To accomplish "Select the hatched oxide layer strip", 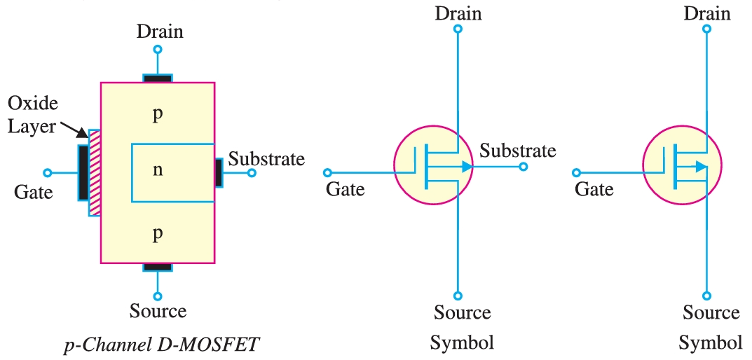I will tap(94, 172).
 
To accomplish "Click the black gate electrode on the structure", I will tap(83, 172).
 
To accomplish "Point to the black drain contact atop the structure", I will tap(158, 78).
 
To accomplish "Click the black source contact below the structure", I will tap(158, 267).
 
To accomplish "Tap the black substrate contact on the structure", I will tap(219, 172).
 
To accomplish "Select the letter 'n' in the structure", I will tap(158, 169).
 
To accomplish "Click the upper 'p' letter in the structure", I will tap(158, 114).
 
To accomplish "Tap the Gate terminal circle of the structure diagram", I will tap(48, 172).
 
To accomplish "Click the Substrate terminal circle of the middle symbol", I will tap(524, 167).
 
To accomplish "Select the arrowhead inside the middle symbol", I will tap(466, 167).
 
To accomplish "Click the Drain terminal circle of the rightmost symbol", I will tap(706, 29).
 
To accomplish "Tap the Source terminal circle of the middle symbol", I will tap(458, 296).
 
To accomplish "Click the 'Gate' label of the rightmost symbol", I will tap(594, 188).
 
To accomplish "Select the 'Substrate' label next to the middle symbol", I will tap(518, 150).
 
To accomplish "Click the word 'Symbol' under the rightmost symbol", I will tap(711, 343).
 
